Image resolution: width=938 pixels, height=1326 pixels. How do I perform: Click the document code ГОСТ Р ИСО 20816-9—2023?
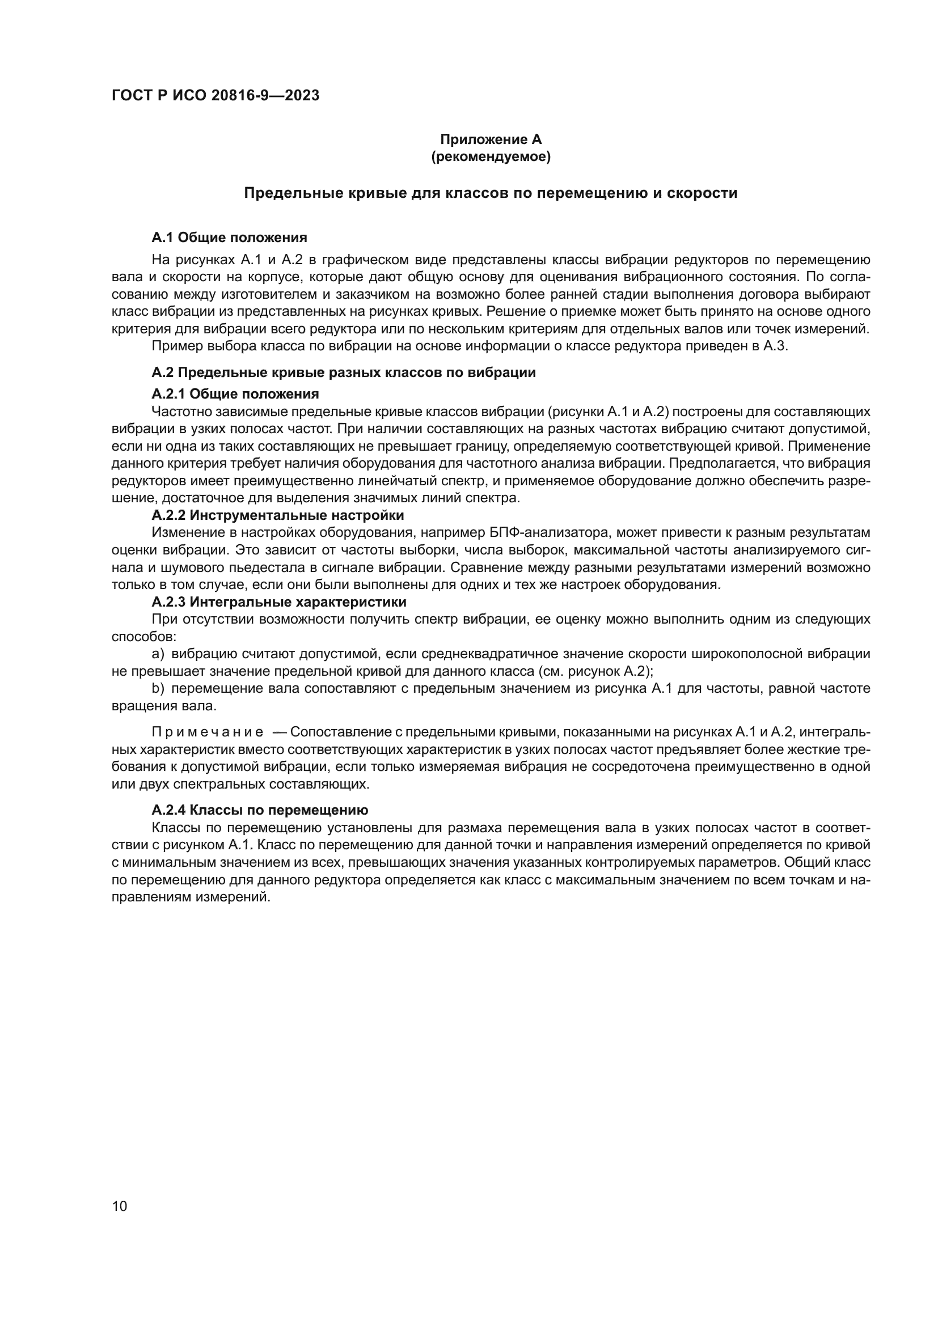[x=216, y=96]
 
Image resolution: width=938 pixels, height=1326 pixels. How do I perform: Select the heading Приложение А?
[x=491, y=139]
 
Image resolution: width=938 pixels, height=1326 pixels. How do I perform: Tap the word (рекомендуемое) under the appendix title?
[x=491, y=156]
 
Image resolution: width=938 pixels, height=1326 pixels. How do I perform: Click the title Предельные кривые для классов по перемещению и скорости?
[x=491, y=193]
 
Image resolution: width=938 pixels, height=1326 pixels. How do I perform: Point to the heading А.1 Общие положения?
[x=229, y=238]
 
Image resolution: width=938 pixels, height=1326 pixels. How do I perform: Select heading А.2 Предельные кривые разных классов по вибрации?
[x=344, y=372]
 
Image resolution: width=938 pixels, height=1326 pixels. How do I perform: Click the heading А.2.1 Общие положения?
[x=235, y=394]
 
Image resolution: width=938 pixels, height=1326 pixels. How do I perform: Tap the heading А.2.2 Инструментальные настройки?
[x=278, y=515]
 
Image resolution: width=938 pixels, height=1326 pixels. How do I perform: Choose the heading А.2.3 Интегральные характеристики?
[x=279, y=602]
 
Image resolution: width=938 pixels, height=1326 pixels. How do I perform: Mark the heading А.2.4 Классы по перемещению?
[x=260, y=810]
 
